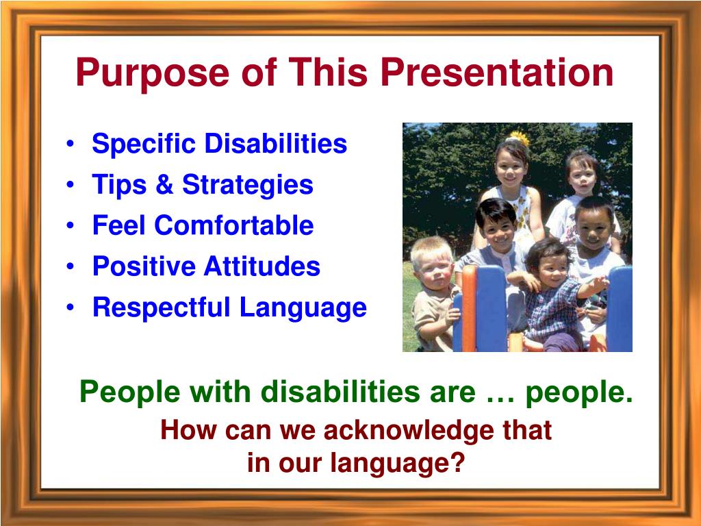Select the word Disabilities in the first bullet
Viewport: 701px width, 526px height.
[x=276, y=143]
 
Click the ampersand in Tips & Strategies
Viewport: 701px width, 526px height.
[x=164, y=184]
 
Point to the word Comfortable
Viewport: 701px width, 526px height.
[x=234, y=225]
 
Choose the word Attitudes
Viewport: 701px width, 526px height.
[x=262, y=266]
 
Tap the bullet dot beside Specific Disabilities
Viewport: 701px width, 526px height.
[x=70, y=144]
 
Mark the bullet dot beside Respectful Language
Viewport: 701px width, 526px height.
[x=70, y=308]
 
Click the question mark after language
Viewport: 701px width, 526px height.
[x=456, y=462]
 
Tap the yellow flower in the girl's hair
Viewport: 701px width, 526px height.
[x=520, y=138]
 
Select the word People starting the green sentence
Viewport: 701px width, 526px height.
[x=129, y=392]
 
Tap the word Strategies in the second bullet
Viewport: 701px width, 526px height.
[x=247, y=185]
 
